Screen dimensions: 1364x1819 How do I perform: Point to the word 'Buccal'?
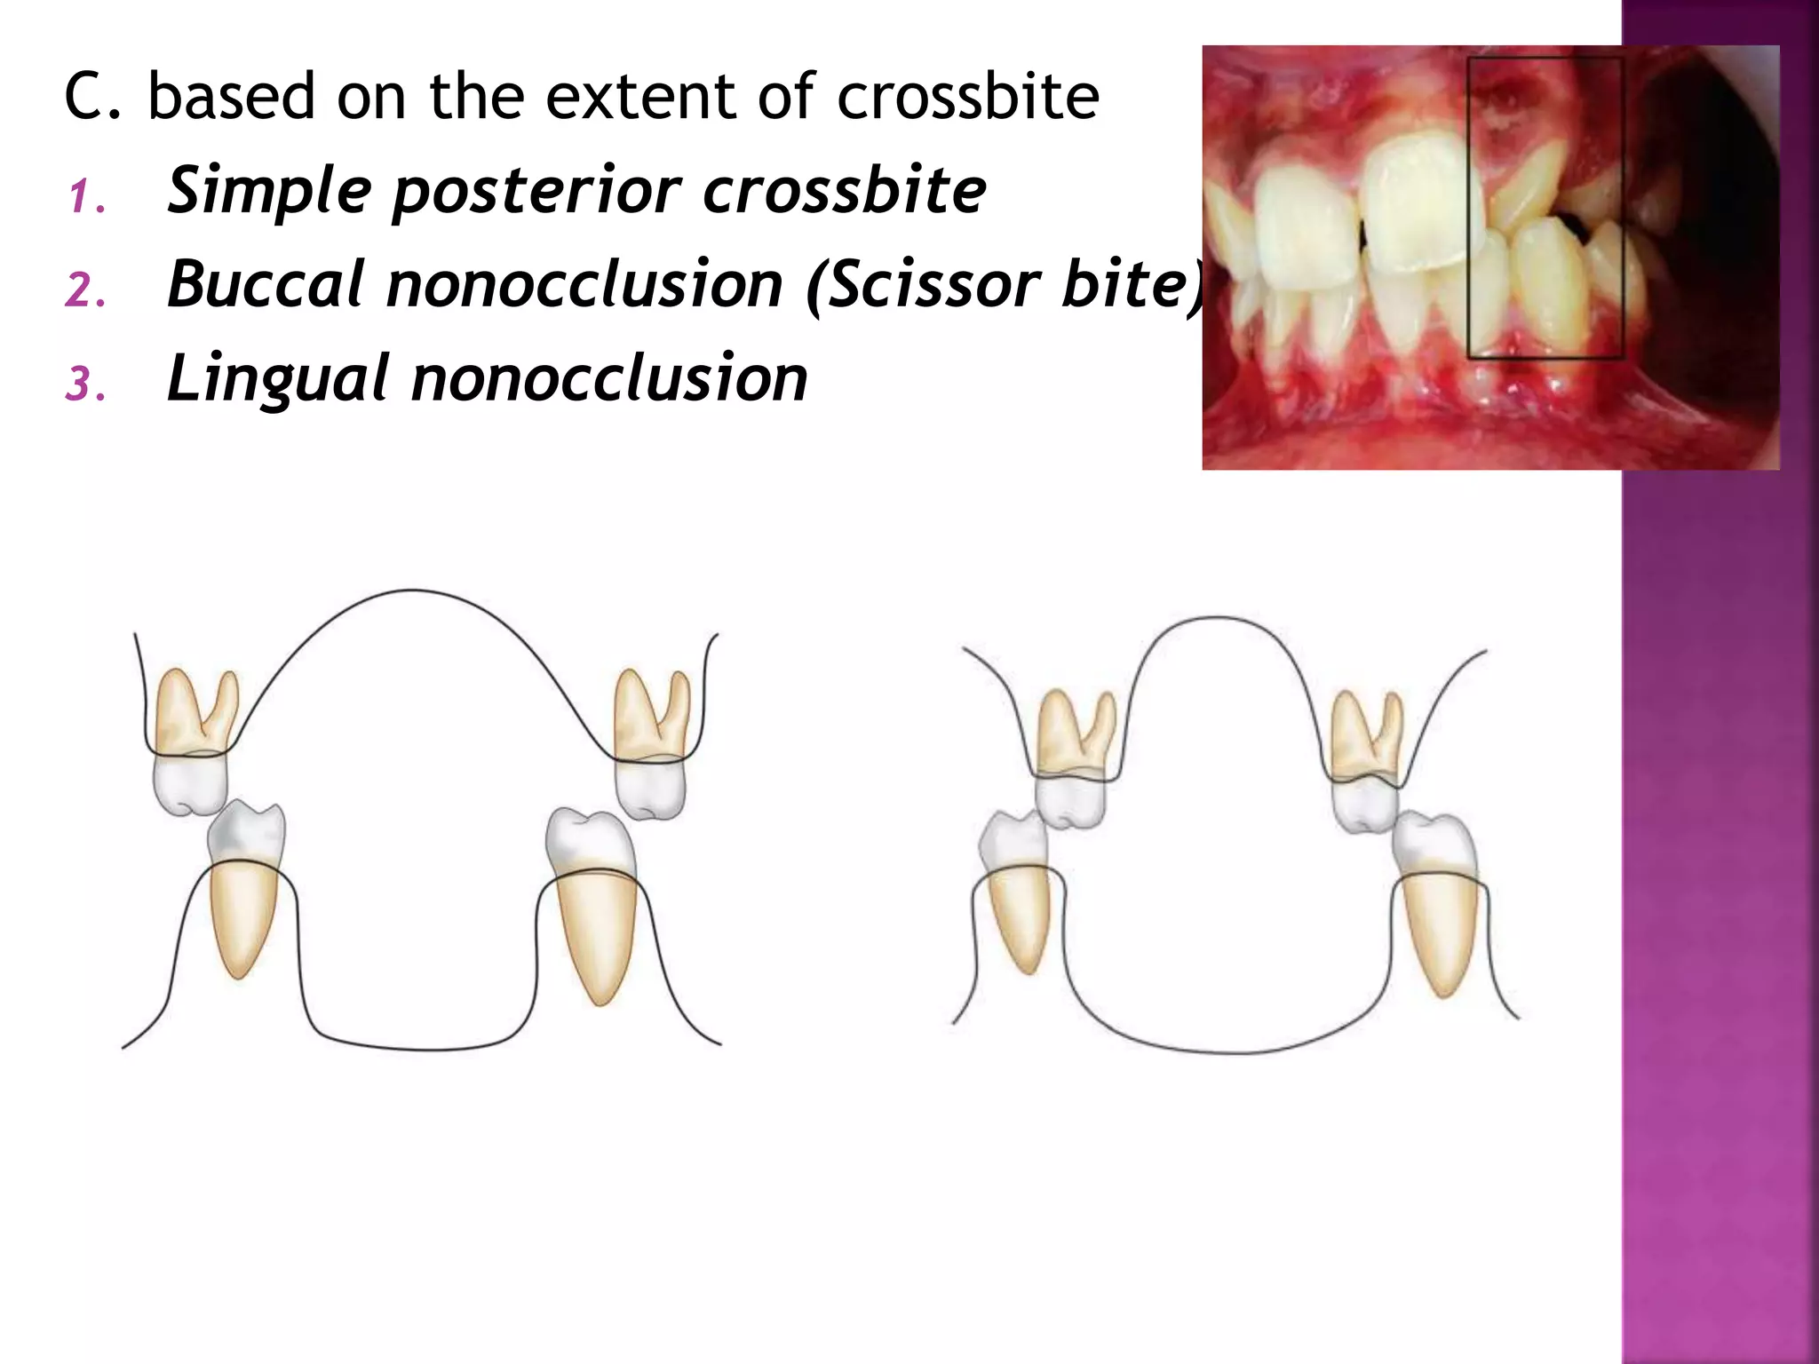pyautogui.click(x=265, y=285)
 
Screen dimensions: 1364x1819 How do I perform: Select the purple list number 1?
pyautogui.click(x=86, y=197)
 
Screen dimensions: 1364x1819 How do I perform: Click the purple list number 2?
pyautogui.click(x=86, y=291)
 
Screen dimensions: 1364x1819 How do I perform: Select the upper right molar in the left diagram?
pyautogui.click(x=651, y=746)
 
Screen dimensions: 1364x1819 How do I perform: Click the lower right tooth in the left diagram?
pyautogui.click(x=593, y=897)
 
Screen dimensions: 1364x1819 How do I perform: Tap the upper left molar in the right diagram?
pyautogui.click(x=1073, y=764)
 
